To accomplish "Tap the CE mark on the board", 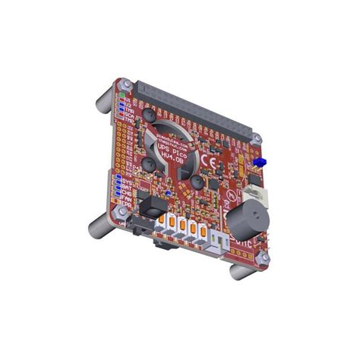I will [x=211, y=161].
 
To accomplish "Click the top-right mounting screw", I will [x=257, y=140].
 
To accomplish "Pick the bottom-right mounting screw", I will [x=264, y=259].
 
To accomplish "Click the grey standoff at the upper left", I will [x=103, y=101].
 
